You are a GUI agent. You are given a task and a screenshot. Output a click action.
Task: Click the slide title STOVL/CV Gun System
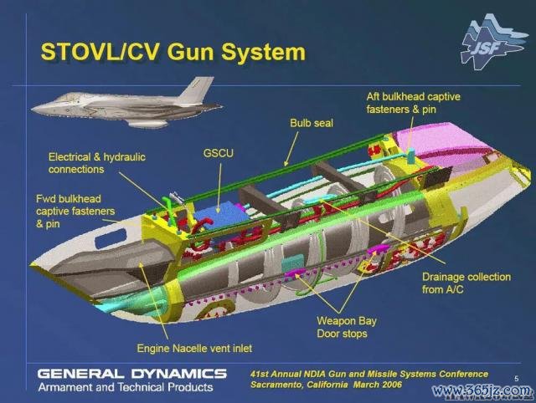click(x=173, y=52)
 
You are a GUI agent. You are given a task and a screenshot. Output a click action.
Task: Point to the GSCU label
click(x=218, y=153)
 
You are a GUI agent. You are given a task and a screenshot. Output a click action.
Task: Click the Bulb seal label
click(x=312, y=123)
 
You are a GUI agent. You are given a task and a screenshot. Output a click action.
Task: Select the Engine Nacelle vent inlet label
click(x=194, y=349)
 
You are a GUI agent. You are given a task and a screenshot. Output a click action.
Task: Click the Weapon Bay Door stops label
click(x=346, y=327)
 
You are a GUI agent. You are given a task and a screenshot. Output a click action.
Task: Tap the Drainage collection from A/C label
click(x=466, y=283)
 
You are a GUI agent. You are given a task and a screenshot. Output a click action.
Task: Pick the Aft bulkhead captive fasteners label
click(x=413, y=103)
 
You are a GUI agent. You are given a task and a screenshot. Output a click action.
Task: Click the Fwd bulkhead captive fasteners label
click(x=75, y=212)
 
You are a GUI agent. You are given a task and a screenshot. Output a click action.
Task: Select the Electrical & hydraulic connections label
click(x=97, y=163)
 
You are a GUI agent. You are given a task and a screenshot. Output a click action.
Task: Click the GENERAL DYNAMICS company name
click(x=132, y=374)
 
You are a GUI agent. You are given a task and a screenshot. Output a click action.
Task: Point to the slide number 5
click(x=517, y=378)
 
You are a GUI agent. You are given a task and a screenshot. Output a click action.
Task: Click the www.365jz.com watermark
click(x=482, y=390)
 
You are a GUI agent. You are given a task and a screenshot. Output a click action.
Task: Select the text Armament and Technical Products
click(x=126, y=387)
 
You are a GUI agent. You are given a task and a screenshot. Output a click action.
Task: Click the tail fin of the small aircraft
click(x=196, y=89)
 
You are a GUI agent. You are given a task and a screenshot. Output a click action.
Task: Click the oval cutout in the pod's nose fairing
click(x=110, y=238)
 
